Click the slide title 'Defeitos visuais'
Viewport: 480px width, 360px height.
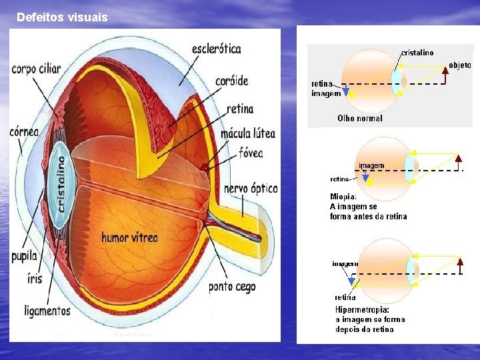[61, 17]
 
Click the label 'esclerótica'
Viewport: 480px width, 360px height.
[216, 49]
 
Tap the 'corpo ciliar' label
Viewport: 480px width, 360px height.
[36, 69]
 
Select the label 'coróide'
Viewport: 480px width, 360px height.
[231, 81]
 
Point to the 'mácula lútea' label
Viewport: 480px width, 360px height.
[247, 135]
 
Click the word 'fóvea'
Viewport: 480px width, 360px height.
[251, 153]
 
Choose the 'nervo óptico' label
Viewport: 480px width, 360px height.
[251, 189]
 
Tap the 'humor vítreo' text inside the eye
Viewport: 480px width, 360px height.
[129, 237]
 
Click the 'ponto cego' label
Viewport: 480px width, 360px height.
[231, 287]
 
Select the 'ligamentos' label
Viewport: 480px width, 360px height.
[47, 311]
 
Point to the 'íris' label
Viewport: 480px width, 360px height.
[35, 279]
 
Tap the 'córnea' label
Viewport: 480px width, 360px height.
[25, 132]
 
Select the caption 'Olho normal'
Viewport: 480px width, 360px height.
[360, 118]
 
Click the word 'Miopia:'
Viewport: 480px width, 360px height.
[343, 197]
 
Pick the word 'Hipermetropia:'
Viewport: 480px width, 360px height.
[362, 310]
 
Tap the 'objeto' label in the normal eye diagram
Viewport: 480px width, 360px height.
[459, 65]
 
